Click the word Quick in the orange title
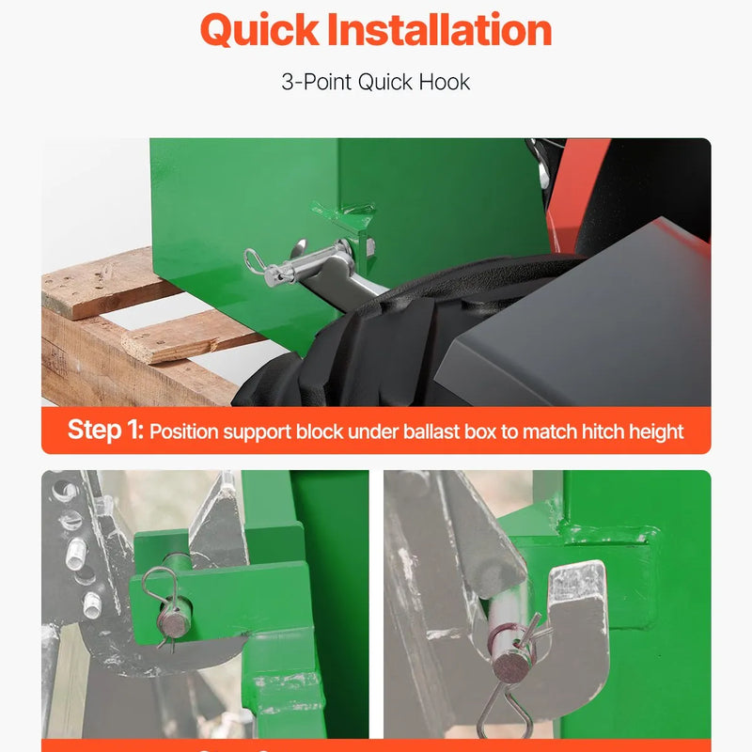click(x=259, y=31)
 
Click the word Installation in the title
click(x=440, y=30)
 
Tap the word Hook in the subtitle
click(x=445, y=82)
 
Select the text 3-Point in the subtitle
click(x=317, y=82)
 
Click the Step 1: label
click(x=105, y=430)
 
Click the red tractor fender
click(x=573, y=192)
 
